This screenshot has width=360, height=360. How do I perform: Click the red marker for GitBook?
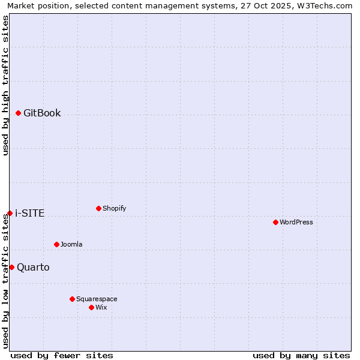tap(18, 113)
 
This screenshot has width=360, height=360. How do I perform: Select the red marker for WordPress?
tap(275, 222)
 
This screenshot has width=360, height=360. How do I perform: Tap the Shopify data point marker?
tap(98, 208)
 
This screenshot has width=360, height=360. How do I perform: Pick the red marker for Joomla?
tap(56, 244)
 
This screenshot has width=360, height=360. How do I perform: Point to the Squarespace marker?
tap(72, 299)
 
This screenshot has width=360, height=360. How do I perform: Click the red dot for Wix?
tap(91, 307)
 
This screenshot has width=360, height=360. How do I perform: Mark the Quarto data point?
tap(11, 267)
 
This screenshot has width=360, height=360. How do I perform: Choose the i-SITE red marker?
tap(10, 213)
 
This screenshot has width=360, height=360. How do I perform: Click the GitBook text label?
tap(42, 113)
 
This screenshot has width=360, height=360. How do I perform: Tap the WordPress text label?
tap(296, 222)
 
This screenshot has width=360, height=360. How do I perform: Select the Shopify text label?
tap(114, 208)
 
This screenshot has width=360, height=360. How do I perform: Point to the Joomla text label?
tap(71, 244)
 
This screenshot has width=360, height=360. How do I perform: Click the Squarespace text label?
tap(97, 299)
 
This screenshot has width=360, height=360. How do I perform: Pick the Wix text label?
tap(101, 307)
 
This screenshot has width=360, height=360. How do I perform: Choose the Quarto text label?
tap(33, 267)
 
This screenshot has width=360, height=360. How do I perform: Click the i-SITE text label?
tap(29, 213)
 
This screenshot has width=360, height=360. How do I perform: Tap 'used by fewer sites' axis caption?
tap(62, 355)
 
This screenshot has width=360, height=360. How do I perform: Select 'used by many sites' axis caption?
tap(301, 355)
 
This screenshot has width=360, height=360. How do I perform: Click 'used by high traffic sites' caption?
tap(5, 85)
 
